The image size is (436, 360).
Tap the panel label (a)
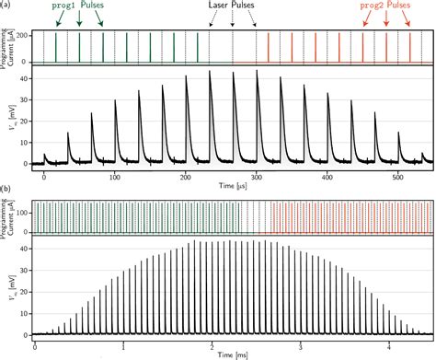point(7,6)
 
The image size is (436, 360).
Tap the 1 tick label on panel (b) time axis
point(123,348)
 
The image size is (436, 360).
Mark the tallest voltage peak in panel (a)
point(210,72)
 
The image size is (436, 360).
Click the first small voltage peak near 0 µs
point(44,156)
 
